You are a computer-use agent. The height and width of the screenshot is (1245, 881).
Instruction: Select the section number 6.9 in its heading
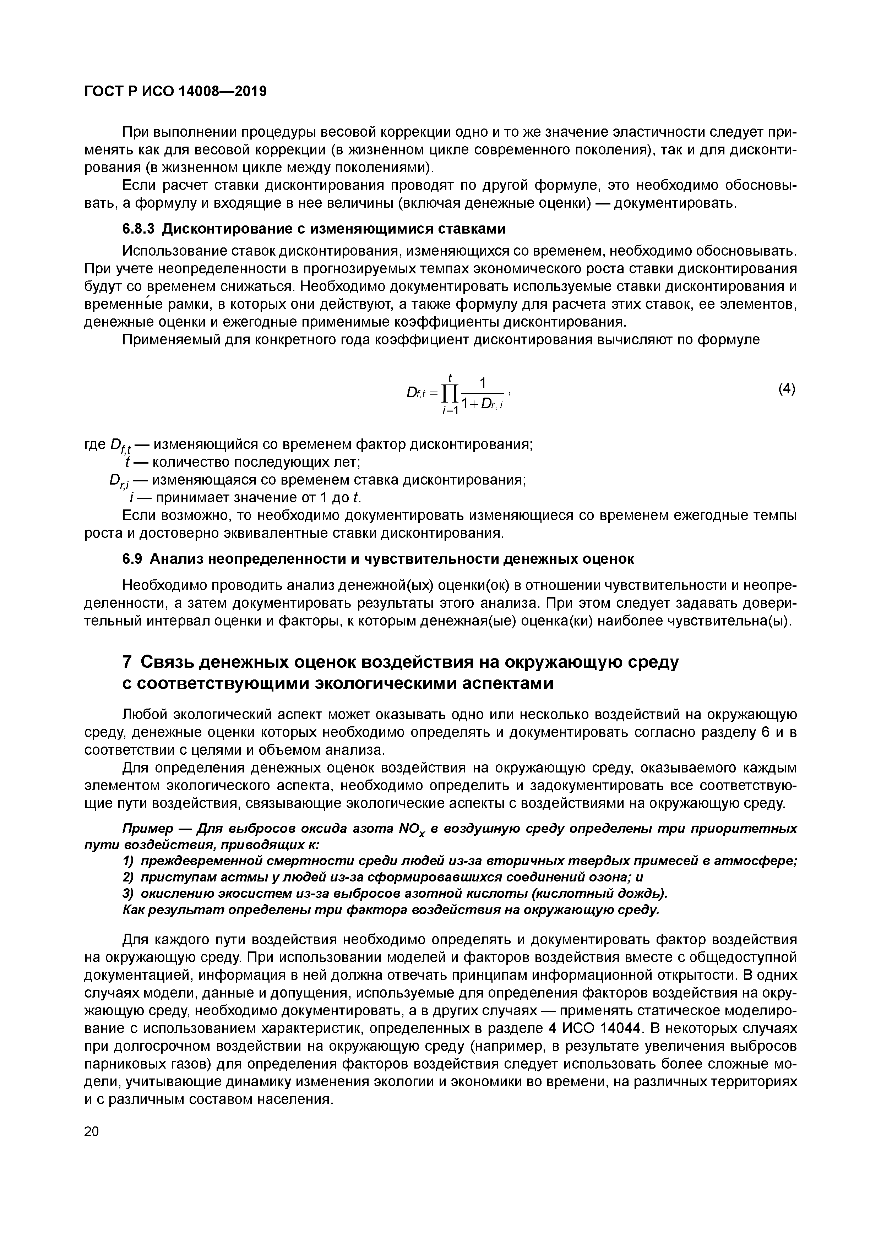132,558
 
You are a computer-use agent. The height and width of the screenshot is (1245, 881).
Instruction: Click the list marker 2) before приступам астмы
129,877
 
